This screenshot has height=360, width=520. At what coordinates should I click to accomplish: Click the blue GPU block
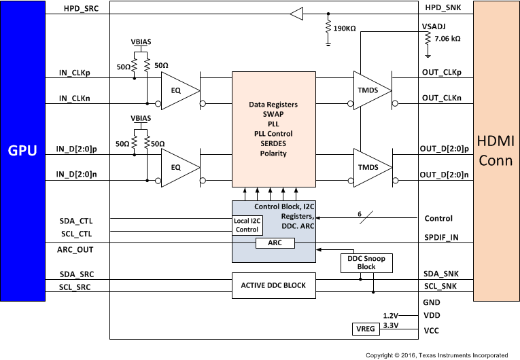[22, 150]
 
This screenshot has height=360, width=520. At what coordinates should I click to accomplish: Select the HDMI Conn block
[496, 150]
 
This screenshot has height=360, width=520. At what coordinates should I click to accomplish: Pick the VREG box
[362, 329]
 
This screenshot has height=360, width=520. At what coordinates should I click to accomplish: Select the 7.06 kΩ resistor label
[447, 39]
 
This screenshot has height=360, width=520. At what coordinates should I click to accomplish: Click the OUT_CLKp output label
[441, 72]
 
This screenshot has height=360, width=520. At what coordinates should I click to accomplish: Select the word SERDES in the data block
[273, 143]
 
